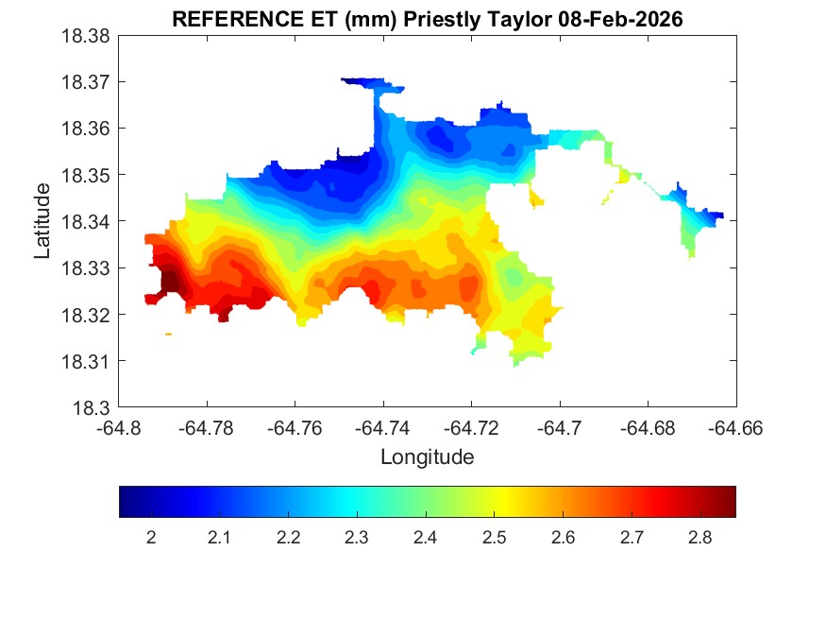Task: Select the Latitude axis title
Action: (x=42, y=221)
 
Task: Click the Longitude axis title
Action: (x=427, y=457)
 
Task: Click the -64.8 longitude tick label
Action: (x=120, y=428)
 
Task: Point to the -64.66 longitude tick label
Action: (x=735, y=428)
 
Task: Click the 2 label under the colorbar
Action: (x=151, y=538)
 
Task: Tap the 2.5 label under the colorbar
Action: (x=494, y=538)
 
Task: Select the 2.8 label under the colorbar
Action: (x=700, y=538)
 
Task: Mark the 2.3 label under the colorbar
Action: (x=357, y=538)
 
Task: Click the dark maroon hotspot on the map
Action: (x=171, y=281)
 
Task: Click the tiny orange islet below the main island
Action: (x=168, y=334)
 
